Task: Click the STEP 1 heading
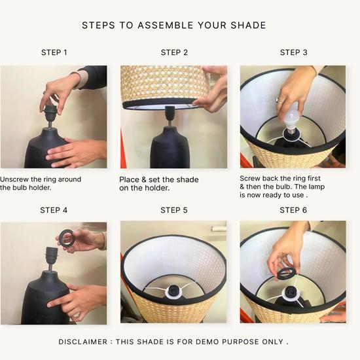click(x=54, y=52)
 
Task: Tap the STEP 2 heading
click(x=174, y=52)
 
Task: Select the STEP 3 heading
click(x=294, y=52)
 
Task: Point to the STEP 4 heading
click(x=54, y=210)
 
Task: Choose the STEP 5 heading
click(x=174, y=210)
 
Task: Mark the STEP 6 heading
click(x=293, y=210)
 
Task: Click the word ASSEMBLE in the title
click(x=166, y=26)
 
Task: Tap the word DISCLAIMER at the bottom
click(x=83, y=342)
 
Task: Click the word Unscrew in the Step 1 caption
click(x=14, y=179)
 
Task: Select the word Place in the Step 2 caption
click(x=129, y=179)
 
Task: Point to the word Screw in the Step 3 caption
click(x=250, y=179)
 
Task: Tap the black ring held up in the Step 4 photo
click(x=66, y=238)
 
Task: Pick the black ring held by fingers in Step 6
click(x=285, y=274)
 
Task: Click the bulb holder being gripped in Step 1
click(x=50, y=114)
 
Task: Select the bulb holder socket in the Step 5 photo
click(x=174, y=291)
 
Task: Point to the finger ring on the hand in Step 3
click(x=279, y=101)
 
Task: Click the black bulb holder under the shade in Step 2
click(x=170, y=114)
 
